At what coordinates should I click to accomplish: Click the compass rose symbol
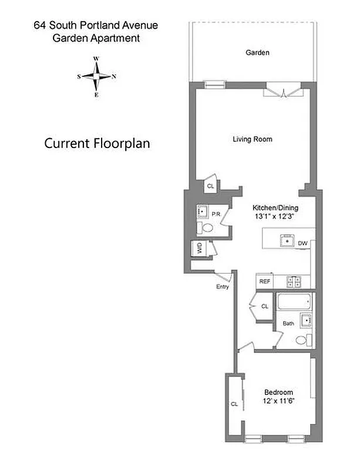[x=97, y=76]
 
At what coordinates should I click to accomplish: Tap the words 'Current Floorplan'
[x=97, y=143]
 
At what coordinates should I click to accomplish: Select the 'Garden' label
[x=257, y=53]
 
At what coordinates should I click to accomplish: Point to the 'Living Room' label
[x=253, y=139]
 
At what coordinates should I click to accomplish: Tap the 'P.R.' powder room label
[x=216, y=214]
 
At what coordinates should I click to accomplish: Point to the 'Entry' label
[x=222, y=286]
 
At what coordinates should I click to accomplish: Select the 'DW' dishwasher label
[x=302, y=242]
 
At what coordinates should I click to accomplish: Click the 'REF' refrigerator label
[x=265, y=281]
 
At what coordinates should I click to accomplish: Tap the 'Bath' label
[x=288, y=323]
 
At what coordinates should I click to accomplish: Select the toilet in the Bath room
[x=302, y=340]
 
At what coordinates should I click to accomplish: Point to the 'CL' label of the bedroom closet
[x=234, y=404]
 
